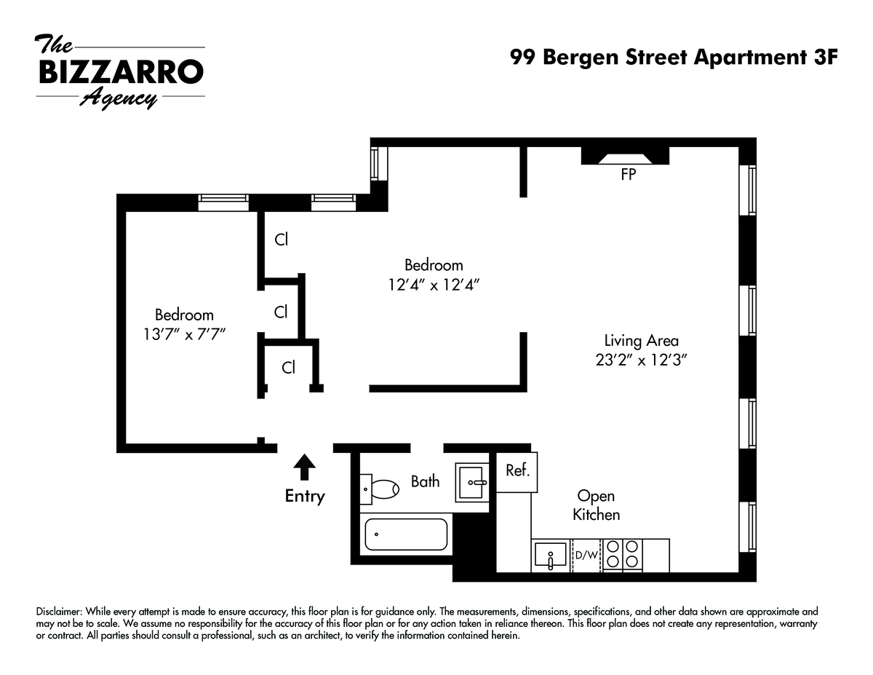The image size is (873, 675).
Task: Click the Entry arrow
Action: (304, 467)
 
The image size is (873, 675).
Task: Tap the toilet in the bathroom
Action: (379, 489)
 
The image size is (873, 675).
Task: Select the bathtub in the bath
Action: (406, 534)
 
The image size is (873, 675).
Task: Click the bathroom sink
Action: (471, 483)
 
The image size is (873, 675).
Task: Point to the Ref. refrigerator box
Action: (517, 472)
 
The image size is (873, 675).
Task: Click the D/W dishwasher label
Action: (586, 555)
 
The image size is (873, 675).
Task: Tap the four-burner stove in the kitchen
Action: (622, 555)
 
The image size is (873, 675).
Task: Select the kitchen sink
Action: (551, 556)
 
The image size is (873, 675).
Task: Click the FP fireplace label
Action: (629, 175)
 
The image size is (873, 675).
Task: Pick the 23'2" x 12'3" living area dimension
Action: (641, 360)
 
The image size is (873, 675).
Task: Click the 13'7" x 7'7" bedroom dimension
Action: (184, 334)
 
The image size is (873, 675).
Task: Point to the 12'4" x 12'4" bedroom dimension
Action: (434, 285)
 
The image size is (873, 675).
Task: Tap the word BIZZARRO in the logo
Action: (121, 72)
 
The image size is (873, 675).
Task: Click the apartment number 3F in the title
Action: (826, 57)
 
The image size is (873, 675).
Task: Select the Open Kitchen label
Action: (597, 505)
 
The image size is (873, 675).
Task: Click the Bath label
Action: (425, 481)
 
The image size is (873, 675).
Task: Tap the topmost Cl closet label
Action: (282, 240)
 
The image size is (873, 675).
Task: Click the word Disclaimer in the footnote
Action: (60, 612)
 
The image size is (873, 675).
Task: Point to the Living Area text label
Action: (642, 341)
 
